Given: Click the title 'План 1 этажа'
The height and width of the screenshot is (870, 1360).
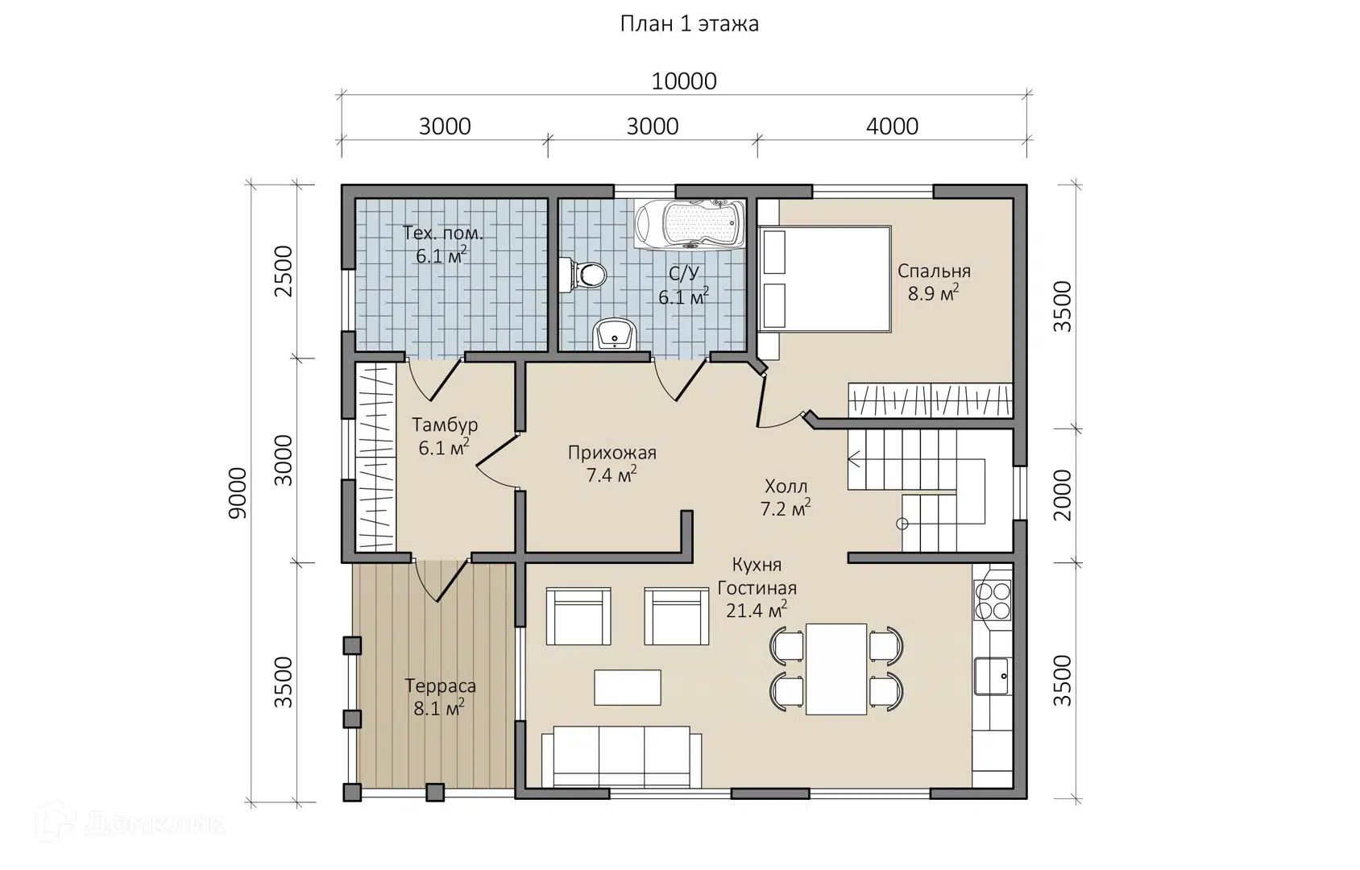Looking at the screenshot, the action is (x=689, y=24).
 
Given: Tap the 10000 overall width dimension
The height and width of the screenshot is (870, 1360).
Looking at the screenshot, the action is (x=684, y=81).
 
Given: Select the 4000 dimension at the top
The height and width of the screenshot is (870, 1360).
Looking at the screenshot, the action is (x=892, y=126).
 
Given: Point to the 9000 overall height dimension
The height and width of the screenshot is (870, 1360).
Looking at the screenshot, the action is (x=238, y=492).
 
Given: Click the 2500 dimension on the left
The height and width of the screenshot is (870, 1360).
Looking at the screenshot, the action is (x=284, y=271).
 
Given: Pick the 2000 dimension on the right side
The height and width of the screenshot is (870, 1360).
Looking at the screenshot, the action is (x=1063, y=495).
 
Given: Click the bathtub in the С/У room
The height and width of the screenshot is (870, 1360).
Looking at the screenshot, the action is (x=690, y=224).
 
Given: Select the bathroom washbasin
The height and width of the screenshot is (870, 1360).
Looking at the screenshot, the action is (x=615, y=334).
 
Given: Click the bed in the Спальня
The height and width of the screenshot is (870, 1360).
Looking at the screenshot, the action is (x=825, y=279).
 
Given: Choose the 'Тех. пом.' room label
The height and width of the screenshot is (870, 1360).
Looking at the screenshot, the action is (x=443, y=233).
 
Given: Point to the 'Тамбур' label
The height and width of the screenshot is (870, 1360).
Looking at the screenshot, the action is (x=445, y=425).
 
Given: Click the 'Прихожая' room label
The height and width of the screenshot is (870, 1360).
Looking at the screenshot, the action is (x=612, y=453).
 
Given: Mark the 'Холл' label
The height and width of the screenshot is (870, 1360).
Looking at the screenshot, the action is (x=786, y=487).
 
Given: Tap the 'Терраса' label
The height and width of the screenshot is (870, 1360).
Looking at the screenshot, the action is (x=440, y=686).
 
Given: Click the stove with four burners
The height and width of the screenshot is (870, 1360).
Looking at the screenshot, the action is (x=992, y=600).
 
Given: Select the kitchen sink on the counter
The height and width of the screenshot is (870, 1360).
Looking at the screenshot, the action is (x=992, y=677).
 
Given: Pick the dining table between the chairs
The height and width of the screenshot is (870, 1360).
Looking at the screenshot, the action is (x=836, y=669).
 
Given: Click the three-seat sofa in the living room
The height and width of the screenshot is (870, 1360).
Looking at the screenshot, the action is (x=621, y=757).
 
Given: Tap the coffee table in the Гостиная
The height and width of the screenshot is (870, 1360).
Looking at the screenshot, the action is (x=627, y=687).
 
